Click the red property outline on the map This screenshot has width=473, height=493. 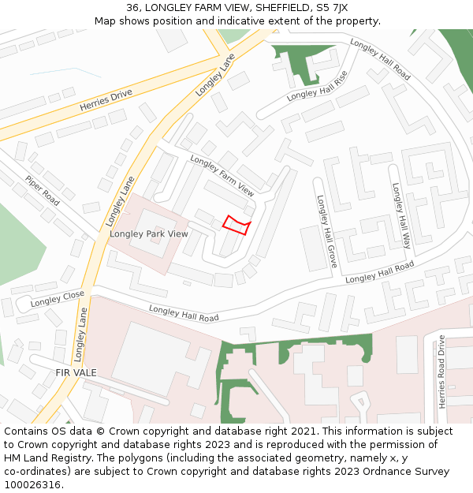coord(236,226)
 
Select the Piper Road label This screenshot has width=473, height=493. coord(42,191)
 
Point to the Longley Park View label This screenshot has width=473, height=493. coord(149,233)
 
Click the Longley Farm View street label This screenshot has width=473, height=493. coord(222,176)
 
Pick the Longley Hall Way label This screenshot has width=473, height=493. coord(401,216)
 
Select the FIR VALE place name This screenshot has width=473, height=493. coord(76,372)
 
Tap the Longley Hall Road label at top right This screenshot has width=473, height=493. coord(380,59)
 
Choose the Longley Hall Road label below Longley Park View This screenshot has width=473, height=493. coord(184,313)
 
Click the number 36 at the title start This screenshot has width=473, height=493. coord(132,8)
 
